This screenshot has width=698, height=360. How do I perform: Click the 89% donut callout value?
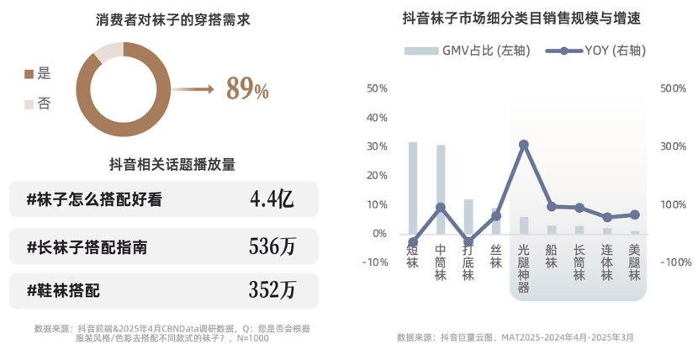point(247,88)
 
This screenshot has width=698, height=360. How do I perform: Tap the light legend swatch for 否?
point(29,103)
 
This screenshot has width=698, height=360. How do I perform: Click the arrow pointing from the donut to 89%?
point(200,88)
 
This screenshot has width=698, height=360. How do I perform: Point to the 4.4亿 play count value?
point(272,199)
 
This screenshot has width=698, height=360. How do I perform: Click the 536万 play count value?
point(272,246)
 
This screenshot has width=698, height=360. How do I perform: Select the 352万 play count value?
point(272,291)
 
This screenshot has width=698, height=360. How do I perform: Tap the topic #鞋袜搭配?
point(63,291)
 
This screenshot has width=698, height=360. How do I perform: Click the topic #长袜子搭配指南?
point(87,246)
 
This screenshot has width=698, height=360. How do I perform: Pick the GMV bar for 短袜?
point(413,188)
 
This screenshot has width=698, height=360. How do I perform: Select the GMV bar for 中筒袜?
point(441,189)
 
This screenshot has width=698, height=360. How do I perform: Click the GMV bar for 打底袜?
point(468,216)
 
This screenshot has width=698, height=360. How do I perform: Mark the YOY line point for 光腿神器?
point(524,145)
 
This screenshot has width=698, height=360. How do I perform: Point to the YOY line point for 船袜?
point(552,206)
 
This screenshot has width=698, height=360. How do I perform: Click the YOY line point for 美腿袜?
point(635,214)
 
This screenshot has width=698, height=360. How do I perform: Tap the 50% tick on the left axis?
point(376,87)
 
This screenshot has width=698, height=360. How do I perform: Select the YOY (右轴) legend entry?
point(596,50)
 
